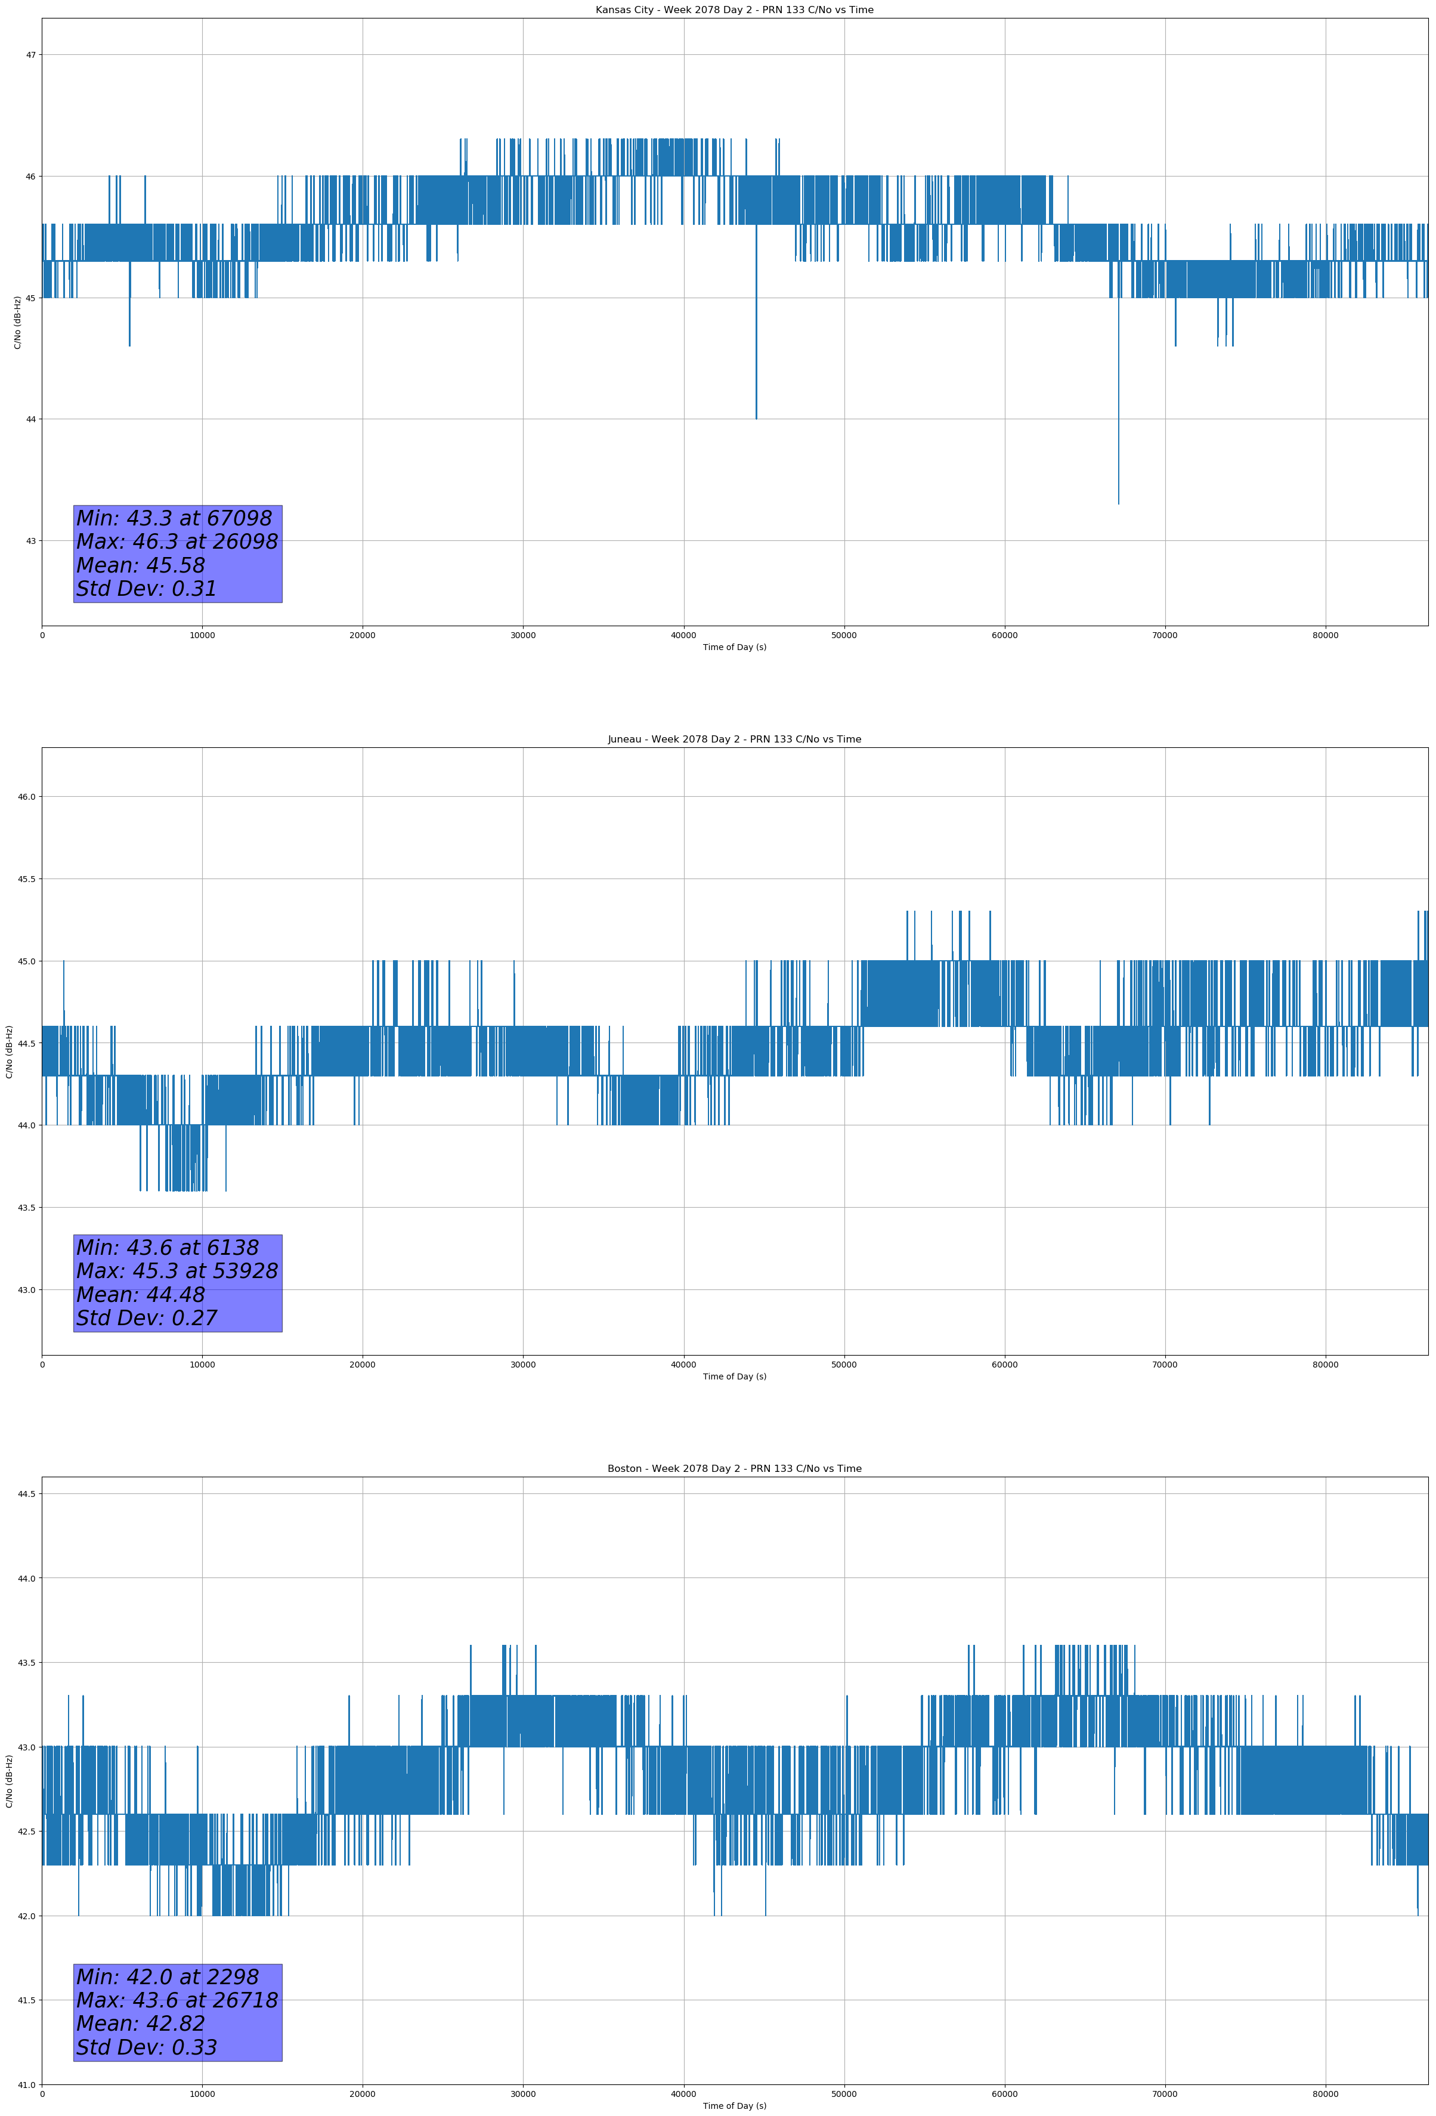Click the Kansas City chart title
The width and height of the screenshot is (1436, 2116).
734,10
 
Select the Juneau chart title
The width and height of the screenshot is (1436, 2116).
734,740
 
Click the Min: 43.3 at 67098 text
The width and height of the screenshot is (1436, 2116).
174,518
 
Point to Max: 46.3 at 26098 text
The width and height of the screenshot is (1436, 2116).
177,542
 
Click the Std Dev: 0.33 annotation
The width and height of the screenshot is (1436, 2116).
147,2047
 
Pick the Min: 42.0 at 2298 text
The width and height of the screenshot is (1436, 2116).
168,1976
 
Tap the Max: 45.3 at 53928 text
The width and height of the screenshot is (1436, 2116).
177,1271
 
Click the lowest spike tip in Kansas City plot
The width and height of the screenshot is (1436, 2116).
1118,503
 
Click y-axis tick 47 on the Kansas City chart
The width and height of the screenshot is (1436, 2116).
31,55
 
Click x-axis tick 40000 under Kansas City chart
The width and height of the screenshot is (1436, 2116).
683,636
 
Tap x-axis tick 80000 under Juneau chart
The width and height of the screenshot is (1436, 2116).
1325,1365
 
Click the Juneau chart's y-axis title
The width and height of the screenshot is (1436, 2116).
9,1051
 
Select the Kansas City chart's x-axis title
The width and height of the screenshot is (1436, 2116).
734,647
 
